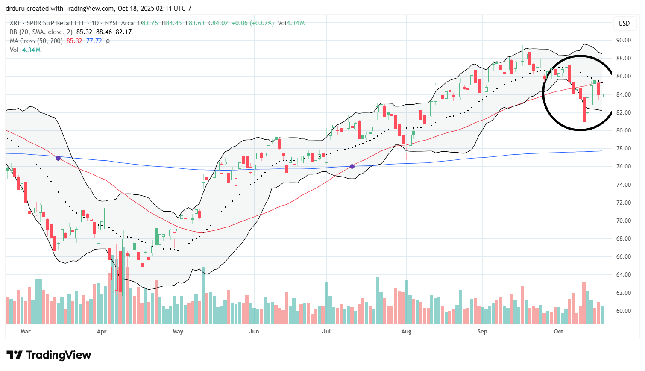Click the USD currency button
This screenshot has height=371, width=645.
[x=624, y=24]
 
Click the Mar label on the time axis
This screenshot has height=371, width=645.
[x=26, y=331]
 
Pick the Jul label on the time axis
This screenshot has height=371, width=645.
[x=326, y=331]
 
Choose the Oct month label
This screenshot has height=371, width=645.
[x=558, y=331]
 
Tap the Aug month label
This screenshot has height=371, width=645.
[x=406, y=331]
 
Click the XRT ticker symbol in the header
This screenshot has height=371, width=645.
[x=15, y=23]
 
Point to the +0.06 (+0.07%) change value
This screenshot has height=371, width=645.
[x=253, y=23]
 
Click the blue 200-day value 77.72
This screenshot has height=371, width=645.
[x=94, y=41]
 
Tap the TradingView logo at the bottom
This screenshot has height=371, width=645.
[x=49, y=355]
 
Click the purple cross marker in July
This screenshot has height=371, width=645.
[x=352, y=166]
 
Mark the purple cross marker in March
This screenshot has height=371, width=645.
[x=59, y=158]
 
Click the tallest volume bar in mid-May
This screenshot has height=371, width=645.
[x=203, y=295]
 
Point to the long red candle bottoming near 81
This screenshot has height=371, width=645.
[x=584, y=110]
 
